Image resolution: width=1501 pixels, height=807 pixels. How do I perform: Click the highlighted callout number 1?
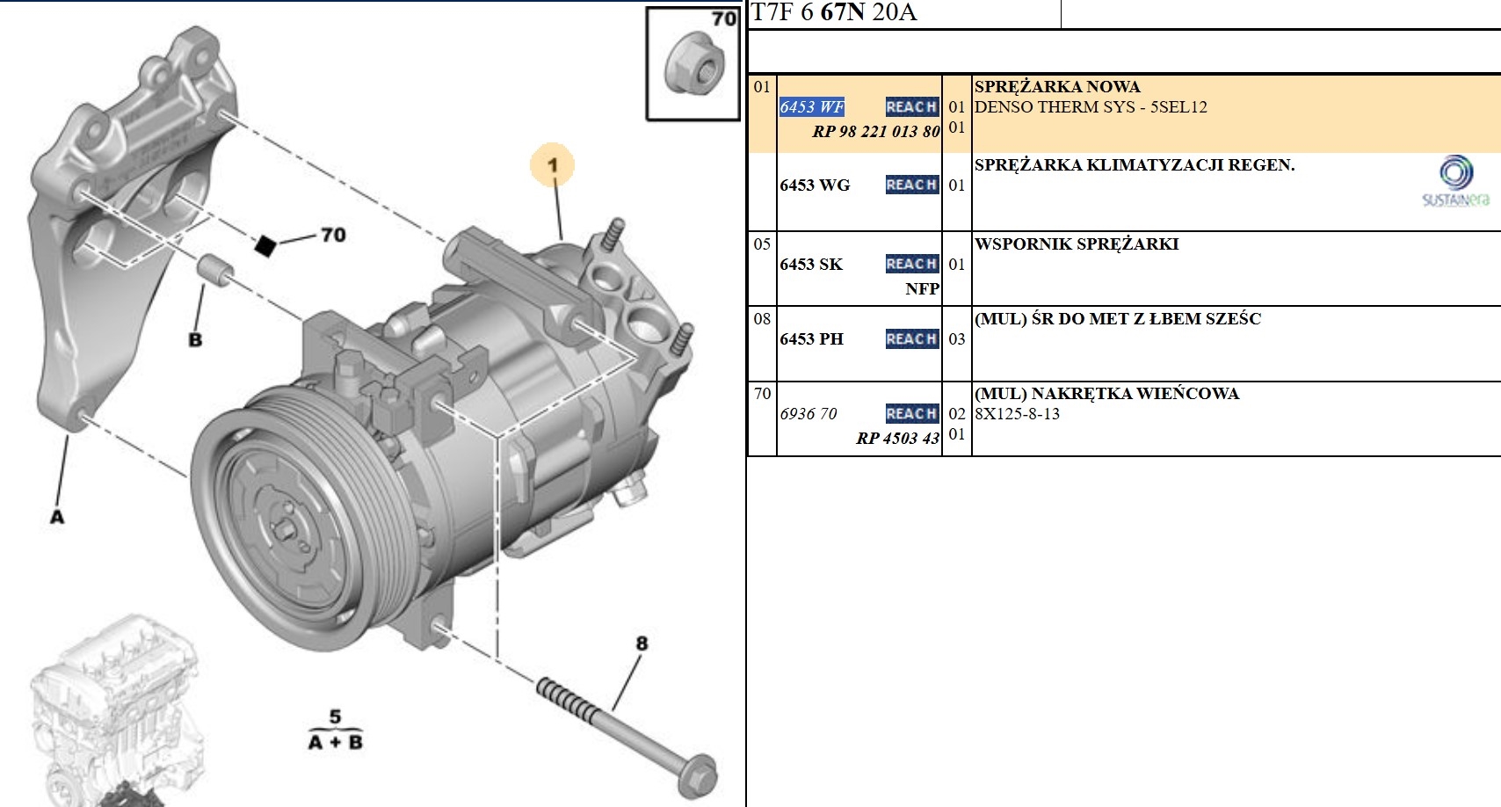552,165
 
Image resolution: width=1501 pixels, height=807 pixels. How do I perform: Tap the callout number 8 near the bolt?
642,643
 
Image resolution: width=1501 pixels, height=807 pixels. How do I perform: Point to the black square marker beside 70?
265,246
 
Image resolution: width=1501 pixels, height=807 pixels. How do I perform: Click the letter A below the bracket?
57,517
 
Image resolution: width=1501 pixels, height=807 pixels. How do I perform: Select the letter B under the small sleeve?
195,340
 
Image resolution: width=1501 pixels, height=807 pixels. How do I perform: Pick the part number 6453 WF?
811,107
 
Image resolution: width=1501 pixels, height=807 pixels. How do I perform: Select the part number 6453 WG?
815,185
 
